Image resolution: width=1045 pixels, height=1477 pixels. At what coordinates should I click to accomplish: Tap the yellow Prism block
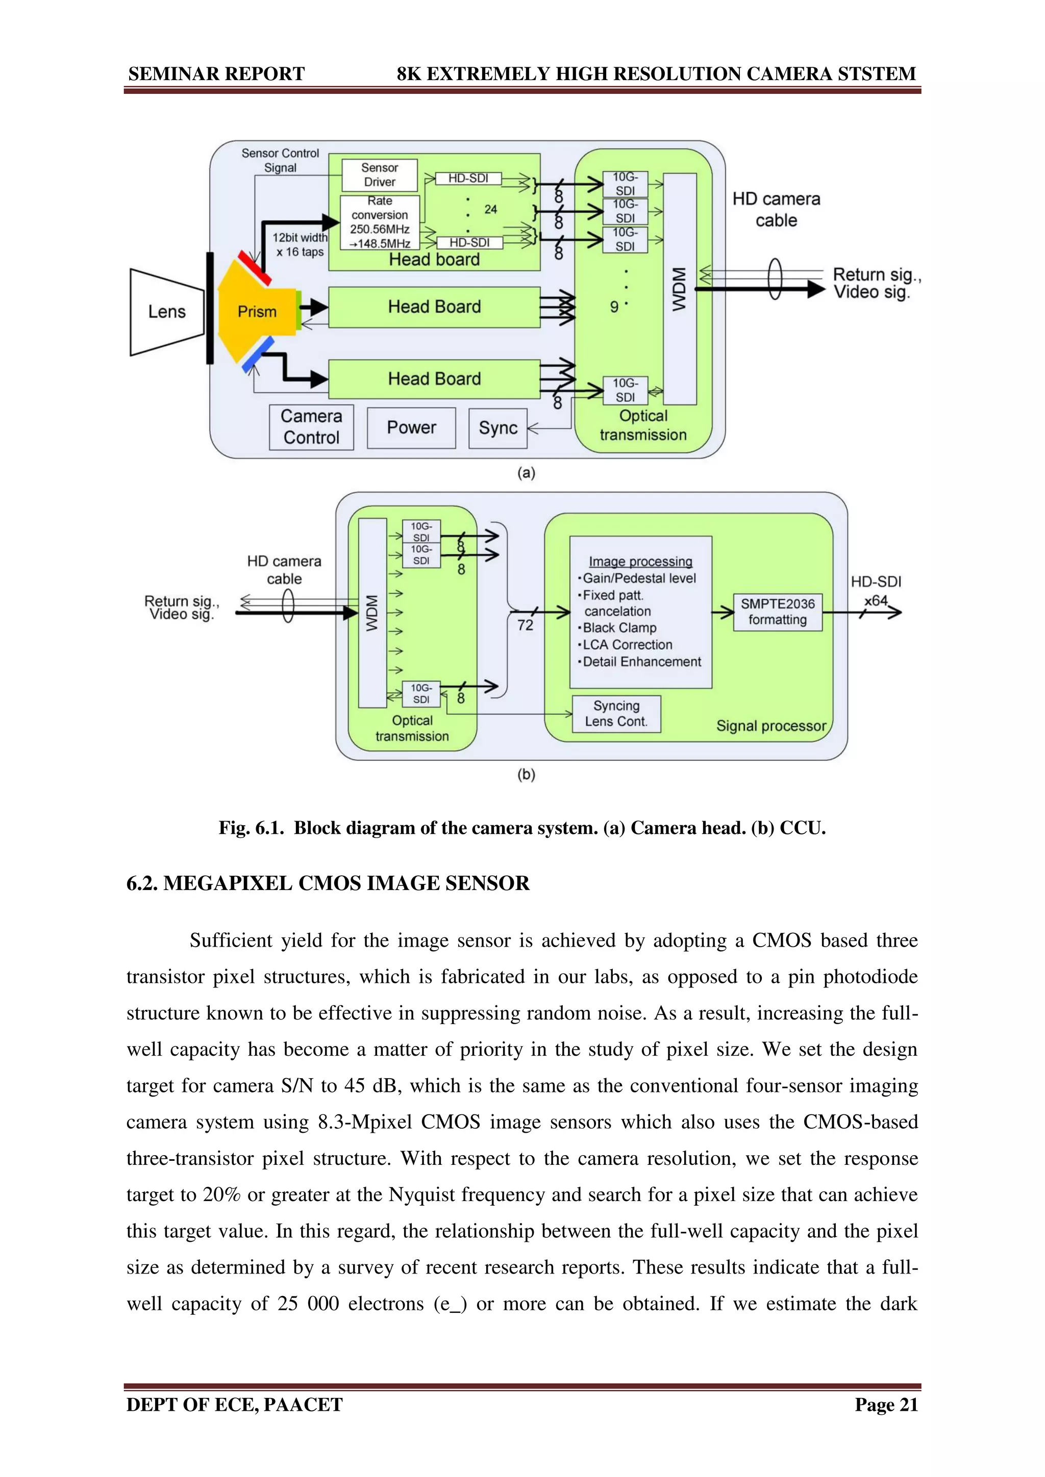coord(256,312)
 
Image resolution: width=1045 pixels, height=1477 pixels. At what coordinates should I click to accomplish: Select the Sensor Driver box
coord(380,175)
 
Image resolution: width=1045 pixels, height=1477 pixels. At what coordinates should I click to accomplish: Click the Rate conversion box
coord(380,222)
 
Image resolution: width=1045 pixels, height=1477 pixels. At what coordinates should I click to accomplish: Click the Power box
coord(411,428)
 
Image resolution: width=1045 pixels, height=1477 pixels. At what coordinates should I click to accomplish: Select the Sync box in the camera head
coord(498,428)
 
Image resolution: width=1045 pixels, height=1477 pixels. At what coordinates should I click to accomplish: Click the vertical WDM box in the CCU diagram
coord(372,613)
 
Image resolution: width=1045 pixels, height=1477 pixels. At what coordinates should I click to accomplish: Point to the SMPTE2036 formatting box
coord(777,612)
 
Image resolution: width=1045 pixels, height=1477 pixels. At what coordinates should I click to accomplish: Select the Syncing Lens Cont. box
coord(616,714)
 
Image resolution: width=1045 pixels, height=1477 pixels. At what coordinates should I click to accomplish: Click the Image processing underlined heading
coord(640,562)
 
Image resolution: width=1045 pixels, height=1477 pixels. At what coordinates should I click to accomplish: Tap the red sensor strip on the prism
coord(254,268)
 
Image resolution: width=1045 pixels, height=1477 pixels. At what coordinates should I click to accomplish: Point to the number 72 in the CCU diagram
coord(525,625)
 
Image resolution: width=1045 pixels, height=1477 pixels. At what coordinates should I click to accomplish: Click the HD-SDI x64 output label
coord(876,591)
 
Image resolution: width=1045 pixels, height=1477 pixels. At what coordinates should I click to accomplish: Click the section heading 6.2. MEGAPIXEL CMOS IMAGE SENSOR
coord(328,883)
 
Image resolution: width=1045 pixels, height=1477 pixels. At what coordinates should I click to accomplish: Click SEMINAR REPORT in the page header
coord(216,74)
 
